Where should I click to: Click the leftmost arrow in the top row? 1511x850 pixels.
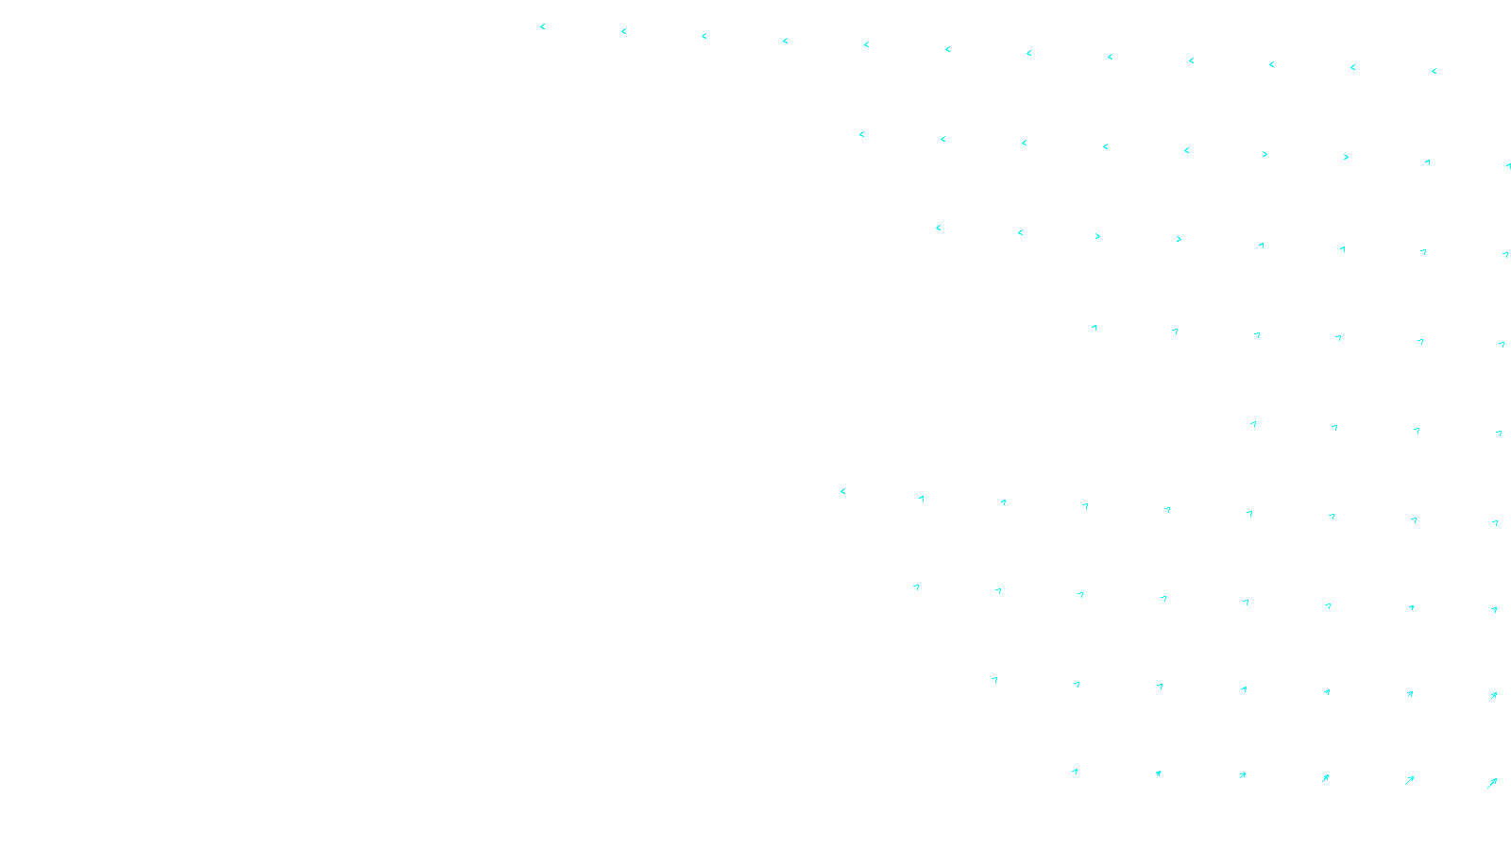coord(543,26)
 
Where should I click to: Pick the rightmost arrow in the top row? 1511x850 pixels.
coord(1434,71)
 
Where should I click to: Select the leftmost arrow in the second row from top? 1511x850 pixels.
coord(861,134)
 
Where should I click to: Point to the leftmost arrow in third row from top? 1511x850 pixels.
coord(938,228)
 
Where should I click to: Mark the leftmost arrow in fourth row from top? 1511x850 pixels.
coord(1095,328)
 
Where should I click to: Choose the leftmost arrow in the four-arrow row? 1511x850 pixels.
coord(1253,424)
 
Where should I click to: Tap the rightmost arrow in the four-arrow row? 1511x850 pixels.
coord(1499,433)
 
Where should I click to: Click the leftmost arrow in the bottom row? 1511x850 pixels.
coord(1075,772)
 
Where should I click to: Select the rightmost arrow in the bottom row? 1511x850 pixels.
coord(1492,783)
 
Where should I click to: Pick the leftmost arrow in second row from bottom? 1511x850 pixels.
coord(993,680)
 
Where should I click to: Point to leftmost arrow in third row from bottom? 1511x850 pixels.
coord(916,587)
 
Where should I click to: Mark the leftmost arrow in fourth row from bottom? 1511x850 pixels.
coord(842,491)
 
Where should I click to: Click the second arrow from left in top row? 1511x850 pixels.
coord(623,31)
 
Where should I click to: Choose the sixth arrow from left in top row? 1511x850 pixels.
coord(947,49)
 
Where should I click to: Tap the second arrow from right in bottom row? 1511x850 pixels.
coord(1409,780)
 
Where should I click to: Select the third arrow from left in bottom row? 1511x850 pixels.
coord(1242,775)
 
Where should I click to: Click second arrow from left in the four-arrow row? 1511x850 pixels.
coord(1334,428)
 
